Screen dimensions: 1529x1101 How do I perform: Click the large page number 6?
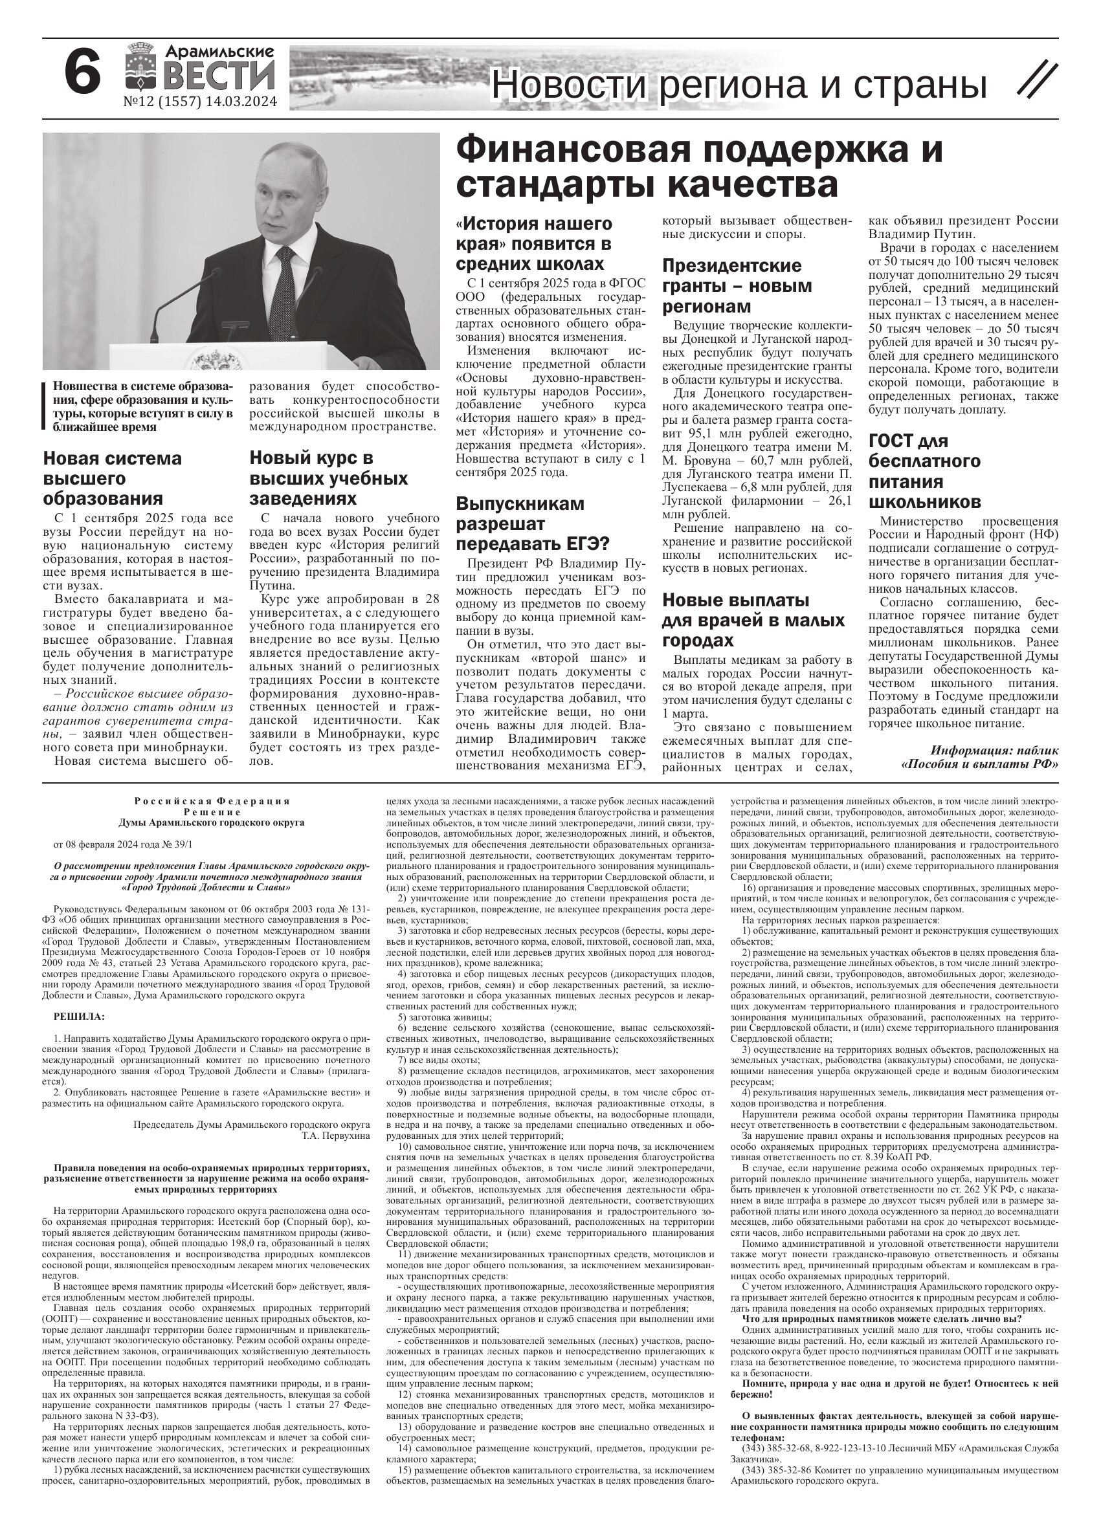pyautogui.click(x=83, y=75)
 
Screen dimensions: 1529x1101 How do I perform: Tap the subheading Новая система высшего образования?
pyautogui.click(x=113, y=479)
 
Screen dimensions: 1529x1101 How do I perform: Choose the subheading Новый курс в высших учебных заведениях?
pyautogui.click(x=328, y=479)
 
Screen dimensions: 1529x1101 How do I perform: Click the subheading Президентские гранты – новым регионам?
pyautogui.click(x=737, y=286)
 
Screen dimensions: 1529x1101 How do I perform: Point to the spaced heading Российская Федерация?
pyautogui.click(x=212, y=801)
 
